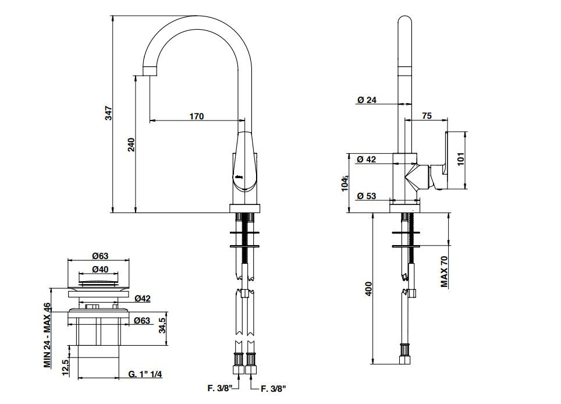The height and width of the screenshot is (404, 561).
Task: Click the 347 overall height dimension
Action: (108, 113)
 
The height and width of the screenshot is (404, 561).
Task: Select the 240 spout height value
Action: (132, 145)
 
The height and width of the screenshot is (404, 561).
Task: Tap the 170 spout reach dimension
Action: (197, 116)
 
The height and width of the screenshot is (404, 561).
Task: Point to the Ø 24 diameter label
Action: (367, 100)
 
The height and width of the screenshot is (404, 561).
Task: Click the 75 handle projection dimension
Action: (427, 116)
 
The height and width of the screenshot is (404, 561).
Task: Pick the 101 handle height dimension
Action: (460, 159)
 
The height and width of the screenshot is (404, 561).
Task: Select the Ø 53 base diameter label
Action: (367, 196)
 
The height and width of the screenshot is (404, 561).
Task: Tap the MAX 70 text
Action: (445, 272)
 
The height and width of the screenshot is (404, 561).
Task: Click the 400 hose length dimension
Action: (369, 289)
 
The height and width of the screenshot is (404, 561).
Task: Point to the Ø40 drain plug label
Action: (100, 269)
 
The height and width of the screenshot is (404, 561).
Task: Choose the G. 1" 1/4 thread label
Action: (145, 374)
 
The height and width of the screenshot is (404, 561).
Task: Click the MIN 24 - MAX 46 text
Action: (47, 335)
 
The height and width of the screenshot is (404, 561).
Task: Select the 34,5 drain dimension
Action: (163, 325)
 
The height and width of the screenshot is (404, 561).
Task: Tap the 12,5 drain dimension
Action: (65, 367)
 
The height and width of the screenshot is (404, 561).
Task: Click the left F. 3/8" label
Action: (220, 388)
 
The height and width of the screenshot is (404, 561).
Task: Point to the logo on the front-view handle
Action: (239, 176)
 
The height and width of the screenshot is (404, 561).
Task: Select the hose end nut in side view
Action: (404, 359)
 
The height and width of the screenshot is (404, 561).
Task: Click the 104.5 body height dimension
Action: (345, 183)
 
